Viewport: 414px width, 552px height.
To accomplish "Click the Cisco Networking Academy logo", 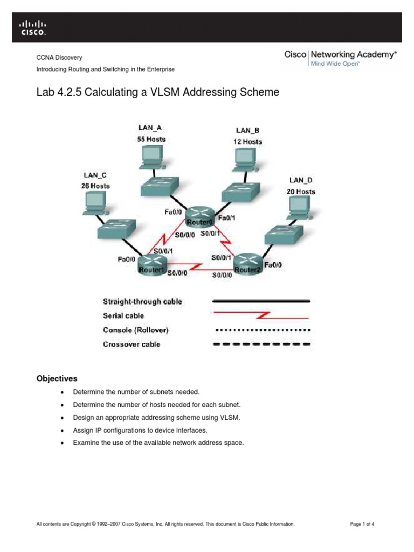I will pyautogui.click(x=341, y=58).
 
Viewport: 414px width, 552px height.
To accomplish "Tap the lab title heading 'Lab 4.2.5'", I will pyautogui.click(x=157, y=92).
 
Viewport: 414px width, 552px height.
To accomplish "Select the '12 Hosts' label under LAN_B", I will pyautogui.click(x=247, y=142).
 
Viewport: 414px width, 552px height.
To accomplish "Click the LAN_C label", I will pyautogui.click(x=95, y=175).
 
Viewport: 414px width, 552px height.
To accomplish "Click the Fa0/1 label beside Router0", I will pyautogui.click(x=226, y=218).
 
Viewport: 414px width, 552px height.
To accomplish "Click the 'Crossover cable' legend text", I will pyautogui.click(x=132, y=344).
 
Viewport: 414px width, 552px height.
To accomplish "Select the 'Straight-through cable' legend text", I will pyautogui.click(x=142, y=301).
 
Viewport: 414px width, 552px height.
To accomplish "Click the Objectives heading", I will pyautogui.click(x=57, y=378).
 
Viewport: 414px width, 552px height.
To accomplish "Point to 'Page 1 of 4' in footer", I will pyautogui.click(x=362, y=523).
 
